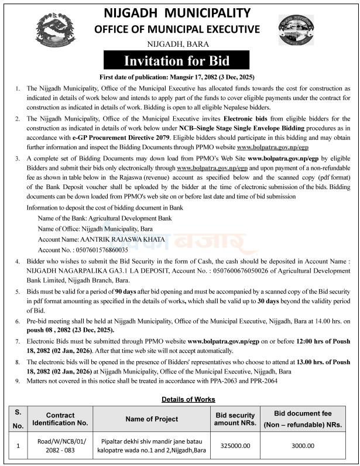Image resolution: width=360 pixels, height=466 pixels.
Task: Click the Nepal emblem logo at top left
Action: pos(56,30)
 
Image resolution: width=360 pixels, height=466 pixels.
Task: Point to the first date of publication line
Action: pos(179,77)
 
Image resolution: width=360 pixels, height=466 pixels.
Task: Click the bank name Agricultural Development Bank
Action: pos(105,217)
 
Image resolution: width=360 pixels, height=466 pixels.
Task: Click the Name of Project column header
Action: pos(152,419)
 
